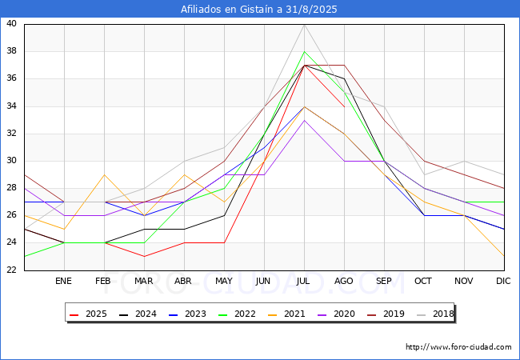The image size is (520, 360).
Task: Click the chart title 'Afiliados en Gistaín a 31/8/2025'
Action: point(258,9)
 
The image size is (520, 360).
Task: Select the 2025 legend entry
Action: point(88,314)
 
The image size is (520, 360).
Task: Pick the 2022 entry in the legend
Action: point(237,314)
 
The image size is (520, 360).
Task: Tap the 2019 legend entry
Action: point(386,314)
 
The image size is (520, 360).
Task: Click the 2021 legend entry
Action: point(286,314)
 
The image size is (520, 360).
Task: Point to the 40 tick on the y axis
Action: point(11,23)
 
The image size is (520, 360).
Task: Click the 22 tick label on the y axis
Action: point(11,270)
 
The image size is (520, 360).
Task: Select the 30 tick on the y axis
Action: point(11,161)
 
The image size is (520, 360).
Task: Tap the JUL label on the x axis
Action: point(303,281)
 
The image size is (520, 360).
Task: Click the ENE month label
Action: point(63,281)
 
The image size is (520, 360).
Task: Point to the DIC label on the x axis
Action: point(503,281)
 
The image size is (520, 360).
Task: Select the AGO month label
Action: point(343,281)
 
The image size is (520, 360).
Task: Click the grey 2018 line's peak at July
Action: point(305,25)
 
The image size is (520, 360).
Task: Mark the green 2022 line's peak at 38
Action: point(305,52)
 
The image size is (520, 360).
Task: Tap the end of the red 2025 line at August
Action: point(345,106)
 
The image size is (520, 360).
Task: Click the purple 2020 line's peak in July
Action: point(305,120)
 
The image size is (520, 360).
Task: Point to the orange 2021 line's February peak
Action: point(105,174)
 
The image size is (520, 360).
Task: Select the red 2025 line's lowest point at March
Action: point(144,256)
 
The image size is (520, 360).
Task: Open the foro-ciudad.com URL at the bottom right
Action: point(458,347)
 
